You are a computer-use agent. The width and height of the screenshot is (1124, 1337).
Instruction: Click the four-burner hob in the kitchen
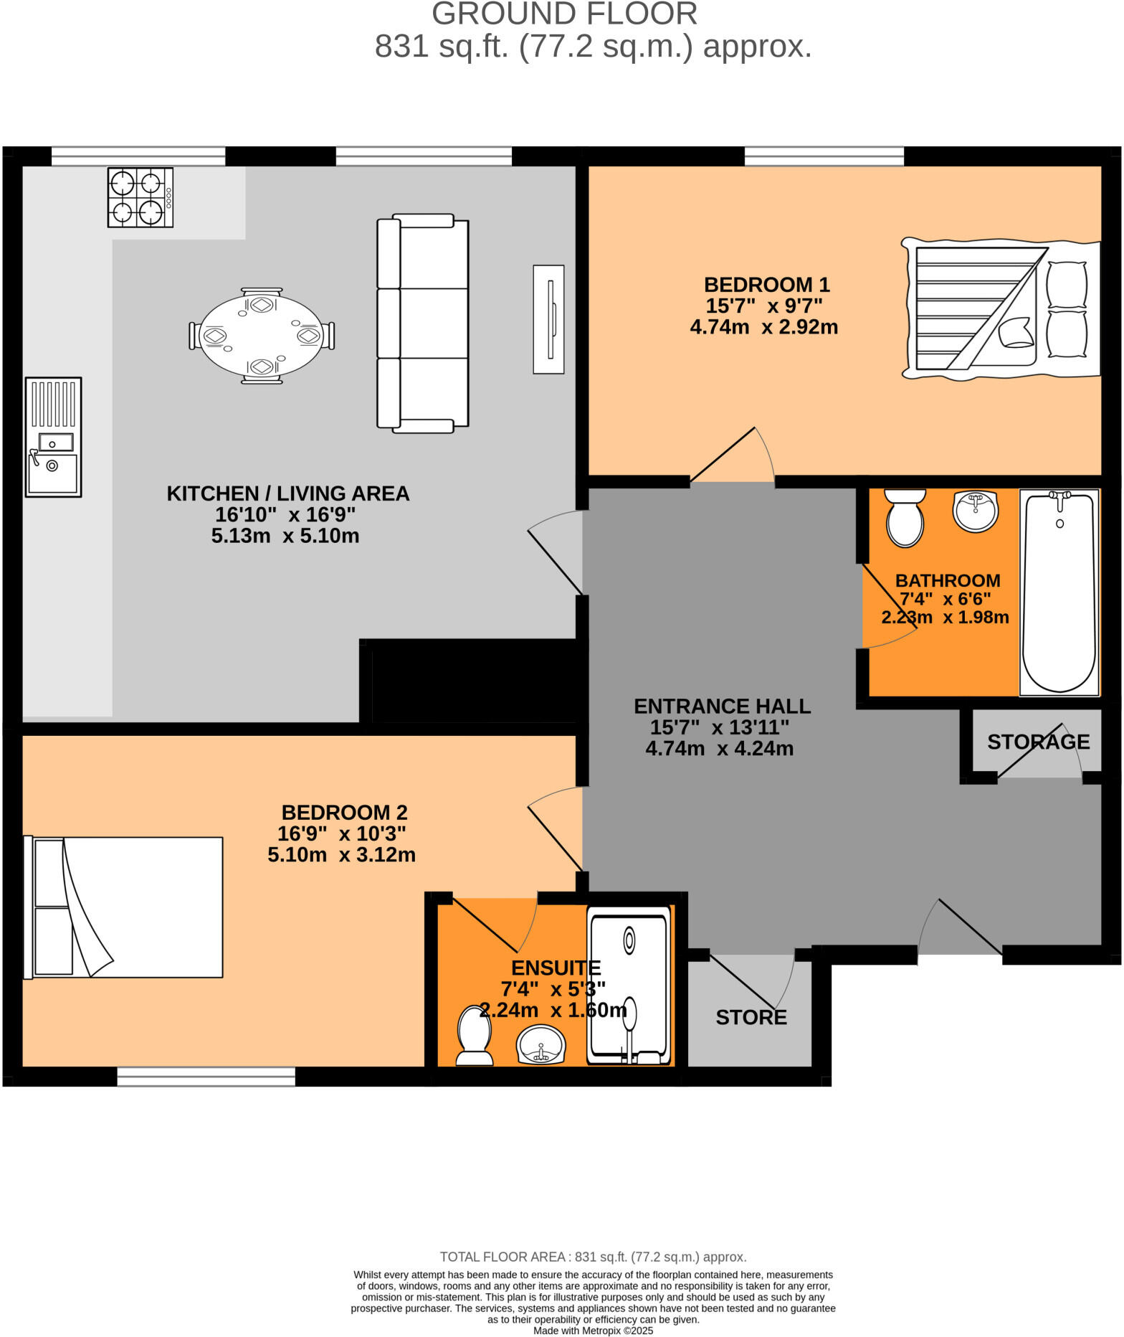140,197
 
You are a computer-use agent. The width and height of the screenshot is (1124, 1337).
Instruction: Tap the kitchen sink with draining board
53,437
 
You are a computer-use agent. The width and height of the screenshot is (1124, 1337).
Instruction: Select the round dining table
262,336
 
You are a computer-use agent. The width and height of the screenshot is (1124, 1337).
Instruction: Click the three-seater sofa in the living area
423,323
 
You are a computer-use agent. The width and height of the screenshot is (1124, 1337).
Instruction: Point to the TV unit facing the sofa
548,319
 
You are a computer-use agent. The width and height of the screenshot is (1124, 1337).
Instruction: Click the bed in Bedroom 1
1001,309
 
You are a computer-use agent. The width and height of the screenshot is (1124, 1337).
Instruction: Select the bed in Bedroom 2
123,907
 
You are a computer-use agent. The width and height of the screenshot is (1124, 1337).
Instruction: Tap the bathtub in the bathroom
1059,592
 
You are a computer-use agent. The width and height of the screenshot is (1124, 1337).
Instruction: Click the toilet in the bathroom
905,518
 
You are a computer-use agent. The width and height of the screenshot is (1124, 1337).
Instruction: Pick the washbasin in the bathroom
975,511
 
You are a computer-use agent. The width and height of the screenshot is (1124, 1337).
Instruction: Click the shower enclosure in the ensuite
629,986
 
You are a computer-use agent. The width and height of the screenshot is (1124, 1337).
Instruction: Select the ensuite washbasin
541,1044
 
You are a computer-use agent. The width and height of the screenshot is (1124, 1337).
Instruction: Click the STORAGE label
1038,742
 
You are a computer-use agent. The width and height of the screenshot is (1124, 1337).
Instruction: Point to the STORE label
751,1017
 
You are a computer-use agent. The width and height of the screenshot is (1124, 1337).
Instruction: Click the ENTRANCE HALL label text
722,706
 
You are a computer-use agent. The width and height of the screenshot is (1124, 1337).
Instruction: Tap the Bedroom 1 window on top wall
824,156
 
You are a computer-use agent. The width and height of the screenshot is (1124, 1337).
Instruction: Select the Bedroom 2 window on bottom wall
206,1076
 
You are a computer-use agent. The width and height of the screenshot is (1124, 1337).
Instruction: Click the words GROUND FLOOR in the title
564,14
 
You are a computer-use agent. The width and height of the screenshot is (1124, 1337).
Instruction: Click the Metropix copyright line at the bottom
593,1331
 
